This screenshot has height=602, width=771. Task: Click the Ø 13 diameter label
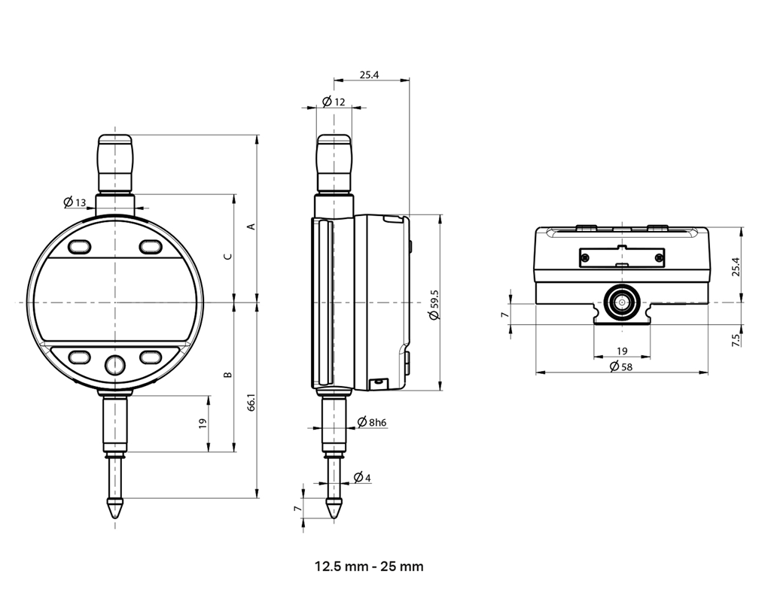pyautogui.click(x=75, y=202)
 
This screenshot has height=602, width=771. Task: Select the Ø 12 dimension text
pyautogui.click(x=334, y=102)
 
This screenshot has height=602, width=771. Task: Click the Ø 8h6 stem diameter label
pyautogui.click(x=372, y=422)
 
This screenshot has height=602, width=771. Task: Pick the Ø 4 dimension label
pyautogui.click(x=362, y=478)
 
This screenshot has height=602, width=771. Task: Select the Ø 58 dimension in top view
pyautogui.click(x=621, y=366)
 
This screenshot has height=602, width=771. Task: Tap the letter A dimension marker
pyautogui.click(x=251, y=226)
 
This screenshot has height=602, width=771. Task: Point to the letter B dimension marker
pyautogui.click(x=228, y=374)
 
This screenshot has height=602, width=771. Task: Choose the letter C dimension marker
pyautogui.click(x=228, y=256)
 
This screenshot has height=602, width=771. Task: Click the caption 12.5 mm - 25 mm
pyautogui.click(x=369, y=566)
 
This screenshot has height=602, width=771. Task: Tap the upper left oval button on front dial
pyautogui.click(x=79, y=247)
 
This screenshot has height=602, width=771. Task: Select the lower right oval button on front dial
pyautogui.click(x=150, y=356)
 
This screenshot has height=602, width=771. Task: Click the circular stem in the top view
pyautogui.click(x=622, y=303)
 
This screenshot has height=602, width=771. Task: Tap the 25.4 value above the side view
pyautogui.click(x=369, y=75)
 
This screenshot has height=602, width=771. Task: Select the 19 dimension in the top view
pyautogui.click(x=622, y=351)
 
